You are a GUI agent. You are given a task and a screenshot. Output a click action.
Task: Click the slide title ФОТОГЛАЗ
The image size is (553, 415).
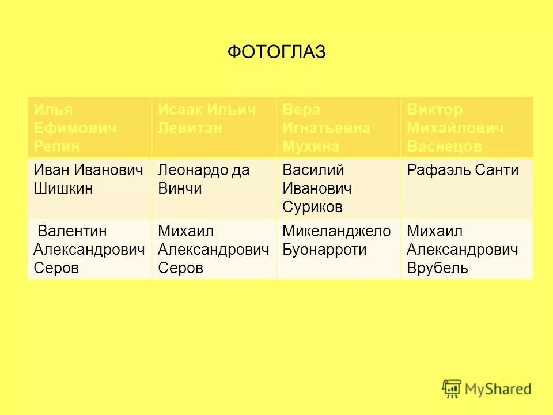point(276,52)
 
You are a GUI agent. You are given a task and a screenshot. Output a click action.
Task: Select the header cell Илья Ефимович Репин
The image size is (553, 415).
point(89,127)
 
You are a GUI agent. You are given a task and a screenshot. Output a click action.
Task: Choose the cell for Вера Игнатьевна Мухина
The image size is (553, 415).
point(338,127)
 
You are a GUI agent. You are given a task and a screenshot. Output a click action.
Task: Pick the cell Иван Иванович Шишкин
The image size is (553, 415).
point(89,188)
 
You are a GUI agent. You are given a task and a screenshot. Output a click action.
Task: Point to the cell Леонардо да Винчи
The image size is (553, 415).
point(214,188)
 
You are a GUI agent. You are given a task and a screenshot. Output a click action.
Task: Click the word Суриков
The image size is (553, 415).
point(312,207)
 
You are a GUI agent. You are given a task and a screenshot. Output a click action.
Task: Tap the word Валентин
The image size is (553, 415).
point(72,232)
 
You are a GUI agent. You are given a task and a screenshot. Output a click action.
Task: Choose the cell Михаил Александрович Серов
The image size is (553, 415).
point(214,250)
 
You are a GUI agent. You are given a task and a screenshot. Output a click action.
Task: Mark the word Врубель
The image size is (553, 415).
point(437,269)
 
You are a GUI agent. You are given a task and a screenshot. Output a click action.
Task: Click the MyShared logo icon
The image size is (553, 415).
point(453,389)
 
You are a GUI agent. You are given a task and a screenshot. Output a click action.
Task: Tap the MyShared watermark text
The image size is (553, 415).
point(499,390)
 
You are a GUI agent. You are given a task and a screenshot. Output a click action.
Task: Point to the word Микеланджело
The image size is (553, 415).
point(336,232)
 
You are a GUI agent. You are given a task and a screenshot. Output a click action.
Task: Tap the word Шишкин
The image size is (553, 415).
point(63,188)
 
